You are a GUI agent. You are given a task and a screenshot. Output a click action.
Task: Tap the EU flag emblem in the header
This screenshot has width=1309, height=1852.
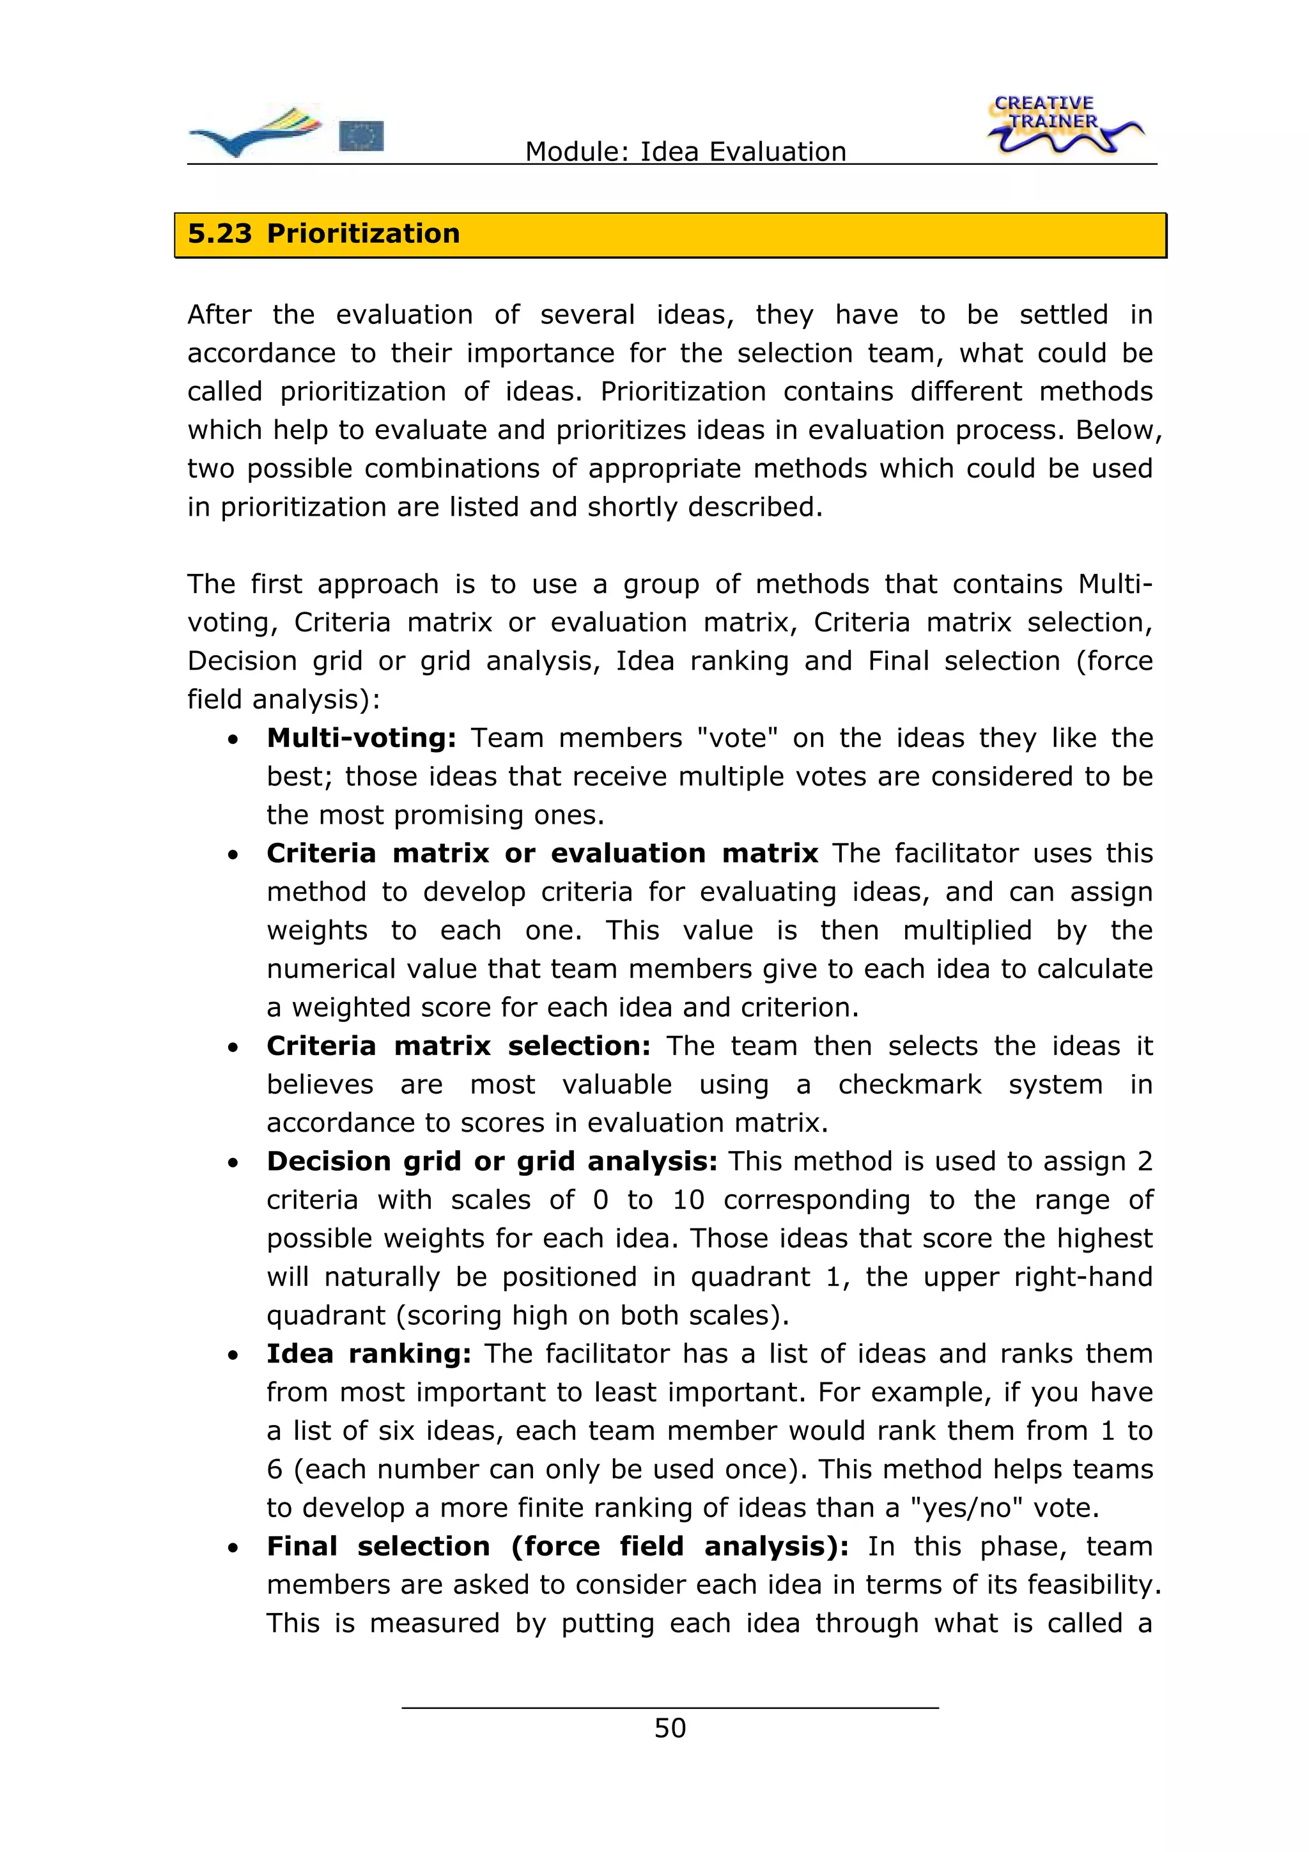pyautogui.click(x=360, y=136)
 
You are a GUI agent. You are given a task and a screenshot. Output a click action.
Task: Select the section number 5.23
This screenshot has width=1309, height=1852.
pyautogui.click(x=219, y=234)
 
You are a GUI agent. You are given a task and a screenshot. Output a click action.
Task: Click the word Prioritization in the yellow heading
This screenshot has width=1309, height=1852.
pyautogui.click(x=363, y=234)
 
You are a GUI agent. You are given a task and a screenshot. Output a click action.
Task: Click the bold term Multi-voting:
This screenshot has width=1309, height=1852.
pyautogui.click(x=361, y=737)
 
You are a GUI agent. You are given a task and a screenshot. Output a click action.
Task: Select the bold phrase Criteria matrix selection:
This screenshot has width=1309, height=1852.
pyautogui.click(x=458, y=1046)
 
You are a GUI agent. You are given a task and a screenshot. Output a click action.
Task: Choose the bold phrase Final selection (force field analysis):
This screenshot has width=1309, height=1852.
pyautogui.click(x=557, y=1547)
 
